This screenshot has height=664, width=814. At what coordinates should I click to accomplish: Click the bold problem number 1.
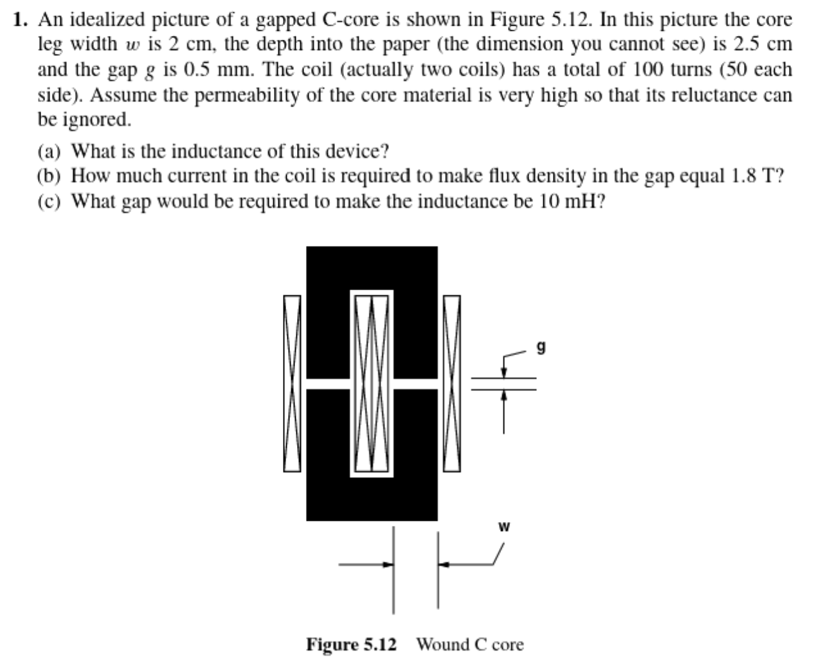point(21,20)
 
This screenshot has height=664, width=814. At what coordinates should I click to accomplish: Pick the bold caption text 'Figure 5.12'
point(351,644)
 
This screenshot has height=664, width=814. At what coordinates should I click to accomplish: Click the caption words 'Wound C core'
point(470,644)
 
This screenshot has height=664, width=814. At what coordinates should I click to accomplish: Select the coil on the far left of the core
point(293,384)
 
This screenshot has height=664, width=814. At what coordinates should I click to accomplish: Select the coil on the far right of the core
point(452,384)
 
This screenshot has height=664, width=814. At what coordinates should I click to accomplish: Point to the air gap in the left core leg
point(328,383)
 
